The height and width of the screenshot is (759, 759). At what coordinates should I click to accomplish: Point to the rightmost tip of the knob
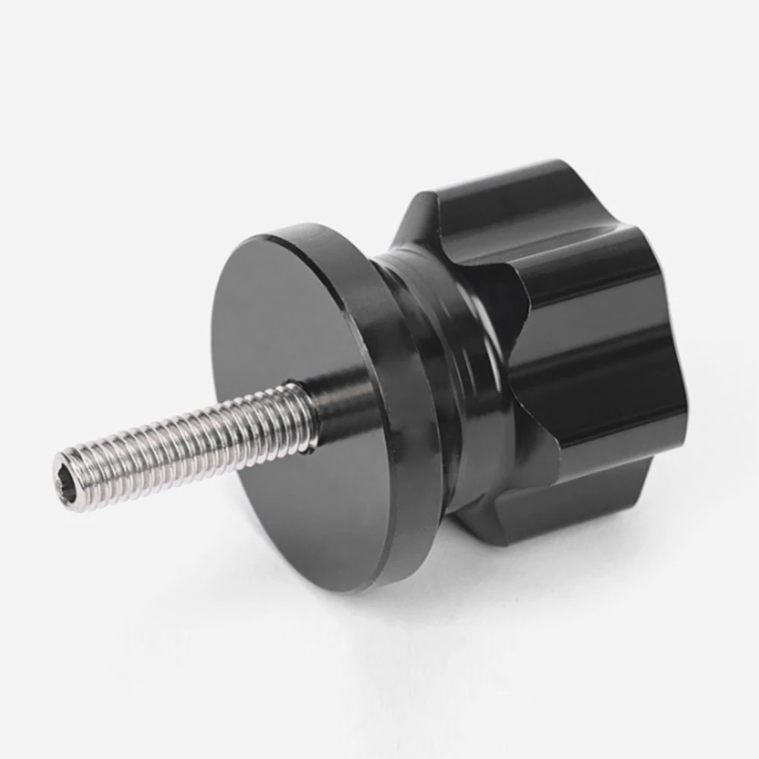coord(686,402)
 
